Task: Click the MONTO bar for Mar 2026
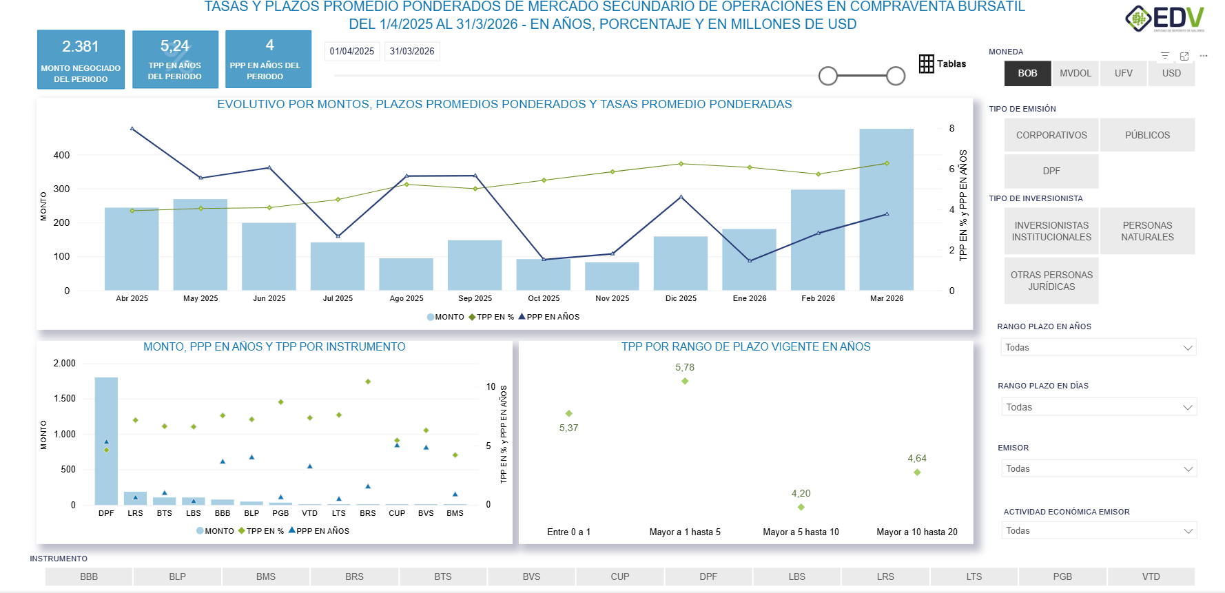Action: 886,210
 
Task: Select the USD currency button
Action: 1171,74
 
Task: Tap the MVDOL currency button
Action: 1075,74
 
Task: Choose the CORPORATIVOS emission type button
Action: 1051,136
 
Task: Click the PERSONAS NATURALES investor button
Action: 1147,231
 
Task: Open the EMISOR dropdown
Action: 1098,469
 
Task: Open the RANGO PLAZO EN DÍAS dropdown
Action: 1098,408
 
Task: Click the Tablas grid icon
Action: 926,64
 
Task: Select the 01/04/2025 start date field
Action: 352,52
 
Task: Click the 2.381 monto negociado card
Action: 81,59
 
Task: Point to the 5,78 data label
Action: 685,368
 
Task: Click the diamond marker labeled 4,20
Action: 801,508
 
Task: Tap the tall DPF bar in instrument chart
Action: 106,441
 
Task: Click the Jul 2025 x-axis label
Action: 338,299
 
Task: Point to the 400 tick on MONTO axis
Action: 62,156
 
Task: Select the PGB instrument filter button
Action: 1062,577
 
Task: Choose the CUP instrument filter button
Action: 619,577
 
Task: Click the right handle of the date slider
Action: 895,76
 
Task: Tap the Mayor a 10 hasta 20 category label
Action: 916,532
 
